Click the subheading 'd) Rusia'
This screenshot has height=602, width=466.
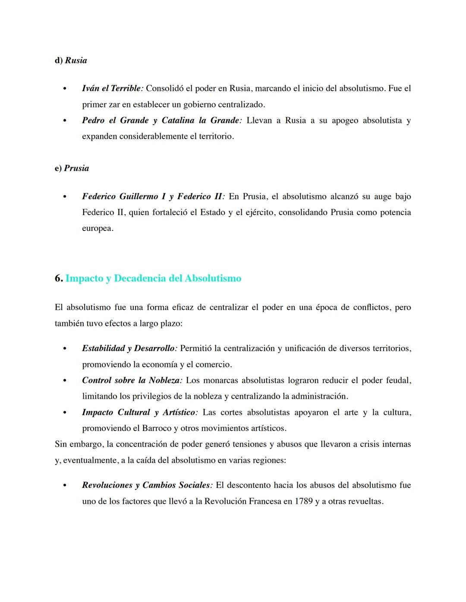point(71,60)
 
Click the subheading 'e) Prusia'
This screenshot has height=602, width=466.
point(72,168)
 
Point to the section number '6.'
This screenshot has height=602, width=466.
point(59,278)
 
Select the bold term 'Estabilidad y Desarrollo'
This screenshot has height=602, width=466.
point(128,348)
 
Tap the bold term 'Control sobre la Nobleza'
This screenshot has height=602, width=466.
point(132,380)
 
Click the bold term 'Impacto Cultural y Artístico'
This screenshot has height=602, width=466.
point(139,412)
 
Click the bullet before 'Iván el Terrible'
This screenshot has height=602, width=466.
point(65,89)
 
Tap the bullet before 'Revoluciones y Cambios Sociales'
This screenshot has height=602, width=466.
point(65,486)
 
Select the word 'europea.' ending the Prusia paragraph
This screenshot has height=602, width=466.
point(98,228)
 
